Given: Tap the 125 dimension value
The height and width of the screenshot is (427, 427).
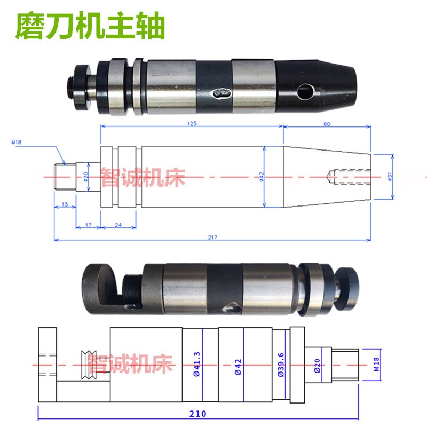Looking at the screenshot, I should pyautogui.click(x=192, y=123).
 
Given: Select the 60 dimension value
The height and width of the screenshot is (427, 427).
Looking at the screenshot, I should pyautogui.click(x=327, y=123).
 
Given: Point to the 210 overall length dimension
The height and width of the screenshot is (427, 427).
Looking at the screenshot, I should pyautogui.click(x=197, y=413).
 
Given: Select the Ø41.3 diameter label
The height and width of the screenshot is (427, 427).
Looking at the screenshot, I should pyautogui.click(x=196, y=365).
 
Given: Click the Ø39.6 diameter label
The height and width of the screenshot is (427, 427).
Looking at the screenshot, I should pyautogui.click(x=280, y=365).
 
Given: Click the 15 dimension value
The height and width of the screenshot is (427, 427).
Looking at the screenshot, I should pyautogui.click(x=65, y=204).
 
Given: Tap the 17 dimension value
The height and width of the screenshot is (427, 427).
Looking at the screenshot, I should pyautogui.click(x=88, y=225).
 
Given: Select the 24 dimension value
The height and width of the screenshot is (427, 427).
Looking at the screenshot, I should pyautogui.click(x=118, y=225).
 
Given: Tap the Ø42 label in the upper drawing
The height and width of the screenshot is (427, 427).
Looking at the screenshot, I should pyautogui.click(x=262, y=176).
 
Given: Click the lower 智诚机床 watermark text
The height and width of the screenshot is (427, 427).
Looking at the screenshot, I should pyautogui.click(x=131, y=365).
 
